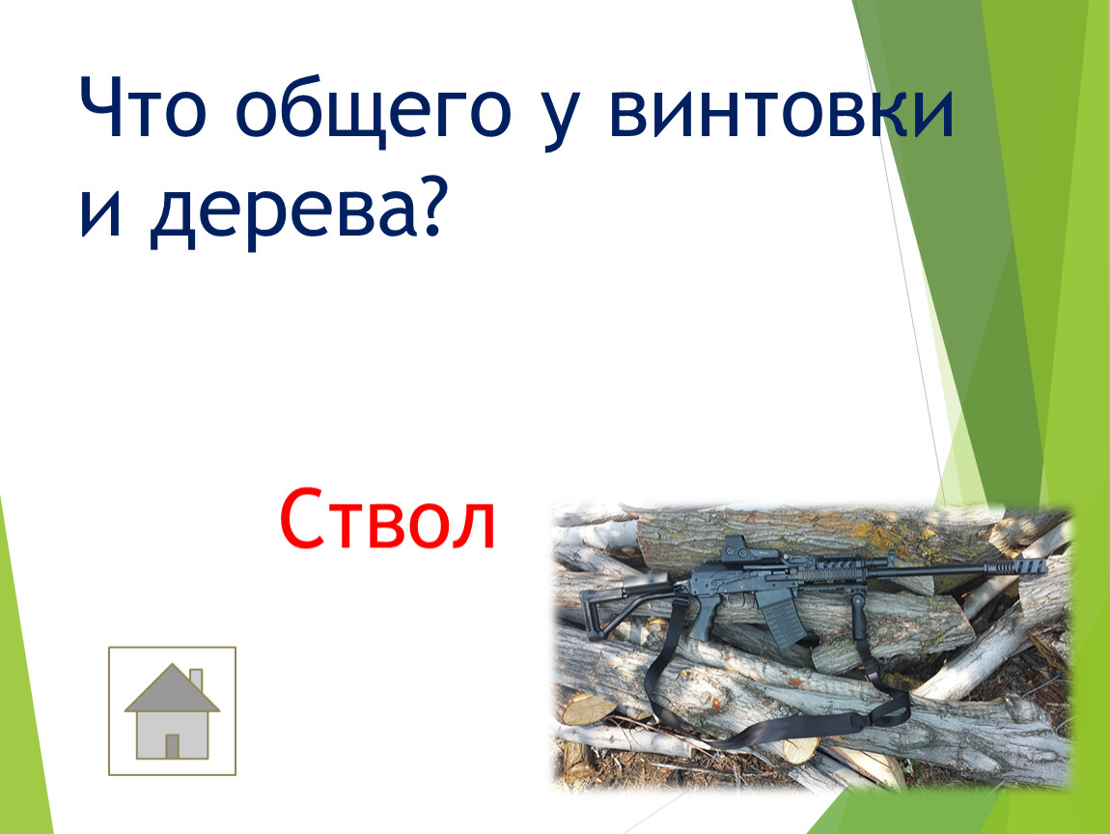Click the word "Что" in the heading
[142, 106]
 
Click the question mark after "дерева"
[429, 205]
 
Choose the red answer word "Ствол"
[387, 518]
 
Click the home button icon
[172, 710]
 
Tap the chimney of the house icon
[196, 681]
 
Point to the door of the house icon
[172, 745]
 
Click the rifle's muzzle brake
[1022, 566]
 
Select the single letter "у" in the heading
[559, 118]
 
